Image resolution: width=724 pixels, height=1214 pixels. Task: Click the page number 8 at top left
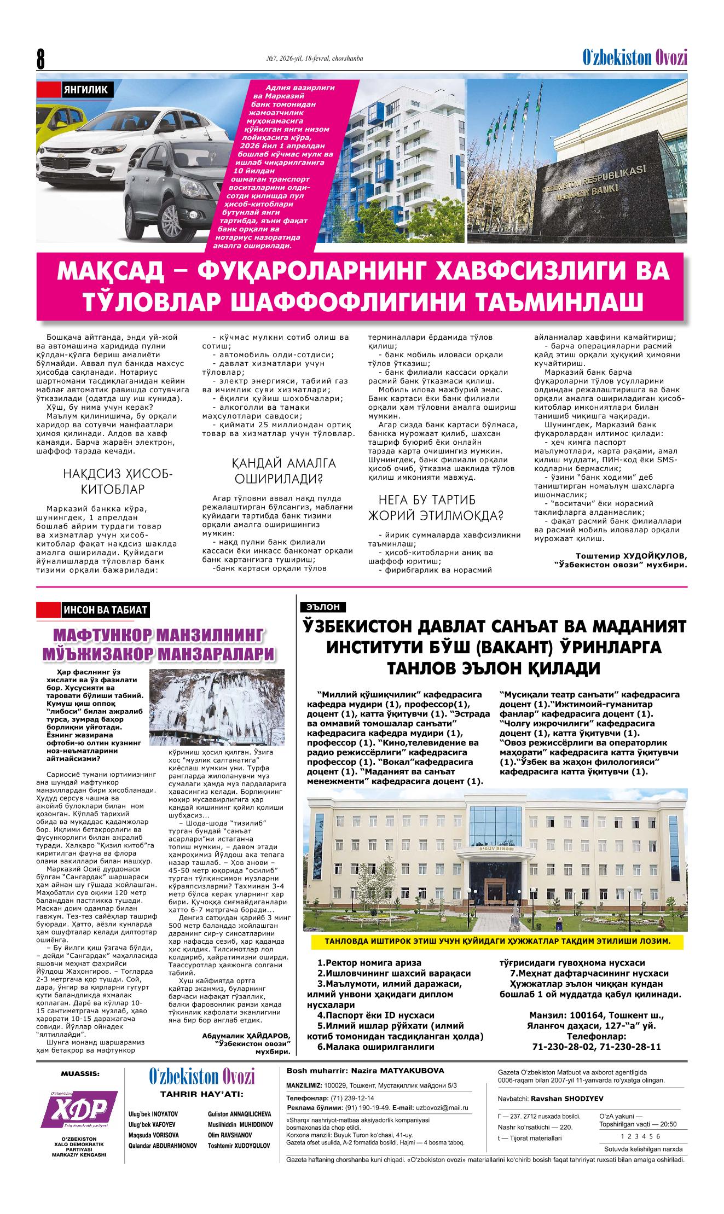[40, 59]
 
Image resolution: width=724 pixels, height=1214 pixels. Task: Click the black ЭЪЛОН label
[323, 607]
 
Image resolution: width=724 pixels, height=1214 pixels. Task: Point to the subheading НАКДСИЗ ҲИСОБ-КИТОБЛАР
[118, 481]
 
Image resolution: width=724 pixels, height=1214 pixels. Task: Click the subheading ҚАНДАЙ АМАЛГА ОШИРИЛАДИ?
[279, 471]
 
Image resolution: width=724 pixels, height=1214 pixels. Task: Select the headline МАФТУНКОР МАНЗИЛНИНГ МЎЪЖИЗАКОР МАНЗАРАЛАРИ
[159, 644]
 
